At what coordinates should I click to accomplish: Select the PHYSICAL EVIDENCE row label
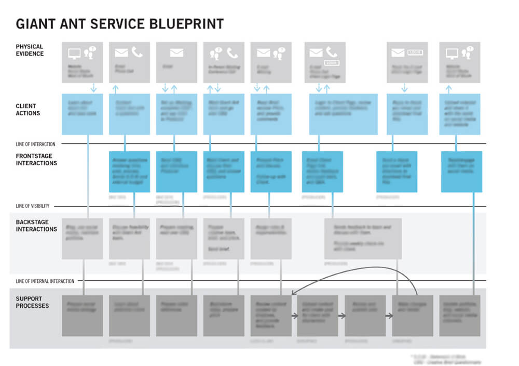30,50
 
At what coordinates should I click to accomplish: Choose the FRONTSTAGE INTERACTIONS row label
36,160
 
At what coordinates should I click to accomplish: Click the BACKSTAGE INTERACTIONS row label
36,226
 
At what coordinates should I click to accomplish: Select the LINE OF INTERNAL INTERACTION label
45,281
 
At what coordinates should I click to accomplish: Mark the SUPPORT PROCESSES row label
32,302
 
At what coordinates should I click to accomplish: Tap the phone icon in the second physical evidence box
137,53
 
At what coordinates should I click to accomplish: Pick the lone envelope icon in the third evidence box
176,53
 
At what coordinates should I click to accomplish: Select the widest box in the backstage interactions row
363,238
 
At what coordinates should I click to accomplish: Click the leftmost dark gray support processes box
82,316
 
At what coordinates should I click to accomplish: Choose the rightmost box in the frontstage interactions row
461,172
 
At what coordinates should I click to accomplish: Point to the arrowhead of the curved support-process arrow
293,293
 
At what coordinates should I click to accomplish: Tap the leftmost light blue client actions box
82,114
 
